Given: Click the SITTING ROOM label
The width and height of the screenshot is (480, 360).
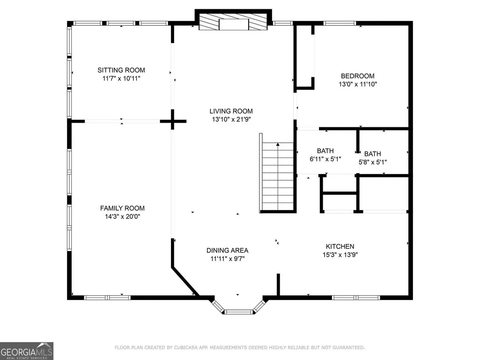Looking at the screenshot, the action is pos(121,70).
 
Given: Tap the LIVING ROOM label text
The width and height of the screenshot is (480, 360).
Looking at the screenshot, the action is pos(231,111).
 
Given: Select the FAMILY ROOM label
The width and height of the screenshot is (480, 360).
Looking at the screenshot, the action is pos(122,208).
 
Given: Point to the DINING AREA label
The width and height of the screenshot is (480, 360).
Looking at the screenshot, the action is pos(228,250).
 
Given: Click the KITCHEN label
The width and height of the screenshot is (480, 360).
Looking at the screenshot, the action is pos(340,246).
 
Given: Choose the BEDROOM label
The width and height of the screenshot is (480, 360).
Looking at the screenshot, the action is pos(358,76).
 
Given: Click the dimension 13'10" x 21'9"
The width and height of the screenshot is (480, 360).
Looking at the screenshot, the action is pos(231,119).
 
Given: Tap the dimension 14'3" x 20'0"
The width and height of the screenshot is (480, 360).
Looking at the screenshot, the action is pos(122,216).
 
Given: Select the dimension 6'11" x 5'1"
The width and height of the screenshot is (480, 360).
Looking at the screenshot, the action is pos(325,159).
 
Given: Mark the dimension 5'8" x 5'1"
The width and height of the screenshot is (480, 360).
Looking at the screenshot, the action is pos(373,162).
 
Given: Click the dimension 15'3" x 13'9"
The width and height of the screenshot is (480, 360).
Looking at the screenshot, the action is pos(340,255).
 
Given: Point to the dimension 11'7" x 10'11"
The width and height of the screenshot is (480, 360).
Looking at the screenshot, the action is pos(121,78).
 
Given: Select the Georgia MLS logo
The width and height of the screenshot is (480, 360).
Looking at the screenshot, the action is pos(27,351).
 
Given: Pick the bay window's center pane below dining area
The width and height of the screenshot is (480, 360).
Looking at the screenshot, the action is pos(238,312).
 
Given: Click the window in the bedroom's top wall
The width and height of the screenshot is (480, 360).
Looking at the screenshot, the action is pos(340,23).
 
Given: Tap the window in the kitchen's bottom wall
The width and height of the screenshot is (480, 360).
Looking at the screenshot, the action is pos(356,298).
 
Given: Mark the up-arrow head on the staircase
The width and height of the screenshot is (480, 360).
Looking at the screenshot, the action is pos(278,144).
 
